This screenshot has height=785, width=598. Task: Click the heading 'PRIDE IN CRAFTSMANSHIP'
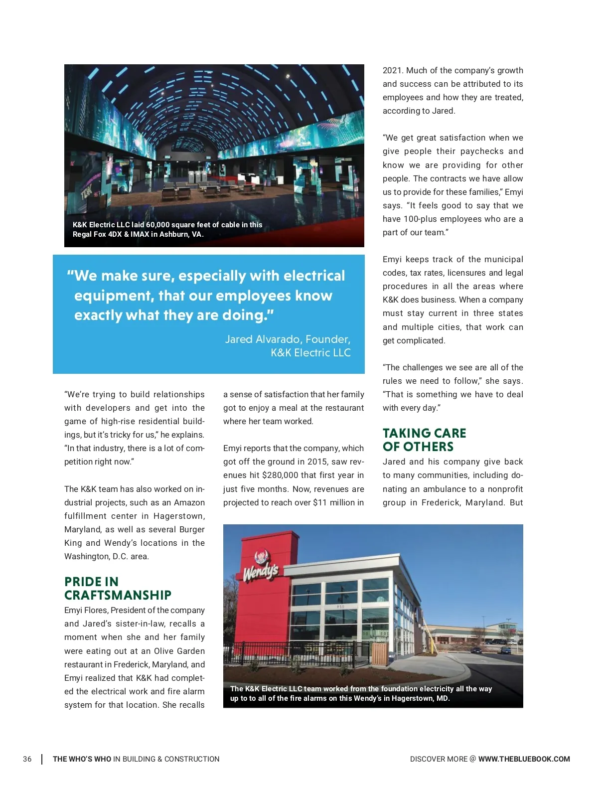[118, 589]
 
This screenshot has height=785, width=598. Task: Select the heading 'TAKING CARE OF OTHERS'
[424, 440]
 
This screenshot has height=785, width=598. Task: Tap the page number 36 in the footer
[27, 759]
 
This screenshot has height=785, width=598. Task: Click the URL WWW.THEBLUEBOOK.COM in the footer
[524, 759]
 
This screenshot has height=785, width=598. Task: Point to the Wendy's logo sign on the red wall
[260, 568]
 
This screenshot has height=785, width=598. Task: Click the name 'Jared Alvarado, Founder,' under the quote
[288, 339]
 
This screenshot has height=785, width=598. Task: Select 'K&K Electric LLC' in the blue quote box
[310, 353]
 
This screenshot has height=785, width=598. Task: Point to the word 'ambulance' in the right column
[442, 489]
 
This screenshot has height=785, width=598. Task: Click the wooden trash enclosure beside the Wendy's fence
[380, 654]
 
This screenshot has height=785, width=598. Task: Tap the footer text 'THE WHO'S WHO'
[82, 759]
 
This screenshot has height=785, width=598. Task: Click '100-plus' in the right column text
[420, 219]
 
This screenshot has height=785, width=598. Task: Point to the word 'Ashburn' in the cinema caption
[174, 234]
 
